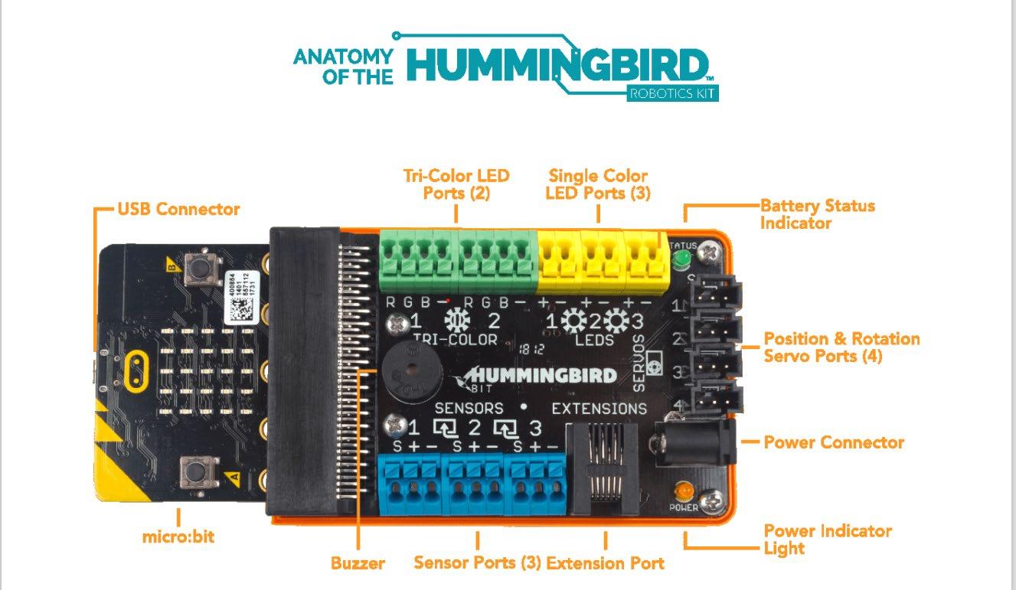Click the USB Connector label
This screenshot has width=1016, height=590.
[x=178, y=209]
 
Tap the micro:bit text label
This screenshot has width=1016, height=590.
[x=178, y=536]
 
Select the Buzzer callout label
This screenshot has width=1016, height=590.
[x=358, y=564]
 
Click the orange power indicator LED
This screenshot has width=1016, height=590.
[x=683, y=490]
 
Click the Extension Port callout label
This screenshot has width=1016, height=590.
[x=605, y=564]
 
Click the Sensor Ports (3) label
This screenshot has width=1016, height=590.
[x=477, y=563]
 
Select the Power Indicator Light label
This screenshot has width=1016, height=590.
[x=828, y=539]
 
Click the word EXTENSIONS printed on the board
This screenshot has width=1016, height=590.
[x=599, y=408]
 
